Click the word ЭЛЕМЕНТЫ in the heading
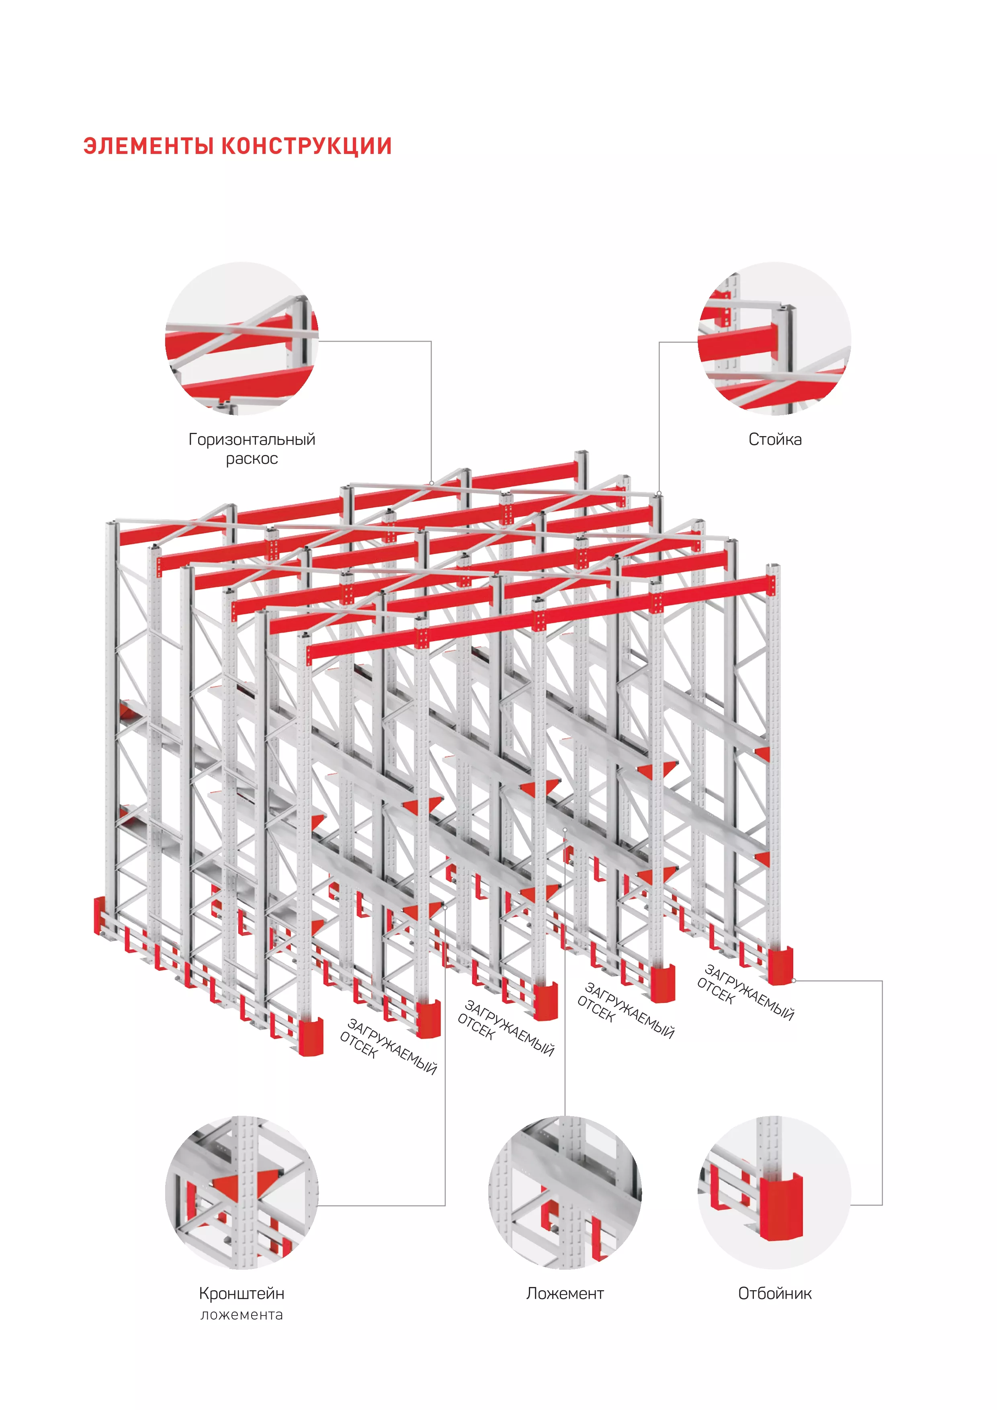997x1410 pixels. click(149, 146)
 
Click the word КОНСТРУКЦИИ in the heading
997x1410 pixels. click(306, 146)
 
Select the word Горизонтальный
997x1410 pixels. click(252, 440)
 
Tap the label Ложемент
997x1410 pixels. click(565, 1293)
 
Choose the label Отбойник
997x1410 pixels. click(775, 1293)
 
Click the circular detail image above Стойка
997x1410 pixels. click(775, 339)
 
